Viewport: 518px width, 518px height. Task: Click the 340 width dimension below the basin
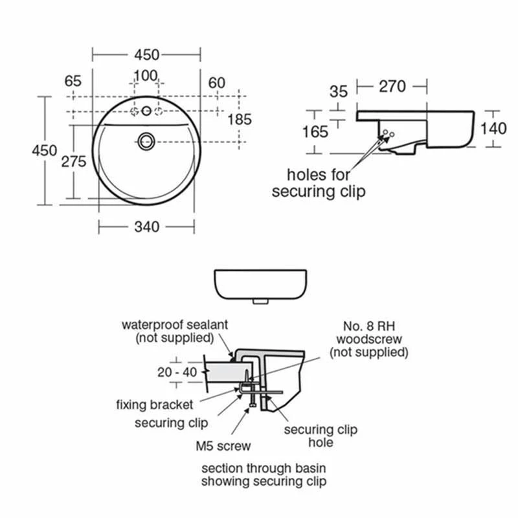[147, 227]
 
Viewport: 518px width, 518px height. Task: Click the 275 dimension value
[74, 162]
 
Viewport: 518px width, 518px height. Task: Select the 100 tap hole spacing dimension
[145, 76]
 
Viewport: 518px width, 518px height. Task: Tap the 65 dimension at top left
[73, 82]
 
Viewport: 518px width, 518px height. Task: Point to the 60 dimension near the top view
[217, 82]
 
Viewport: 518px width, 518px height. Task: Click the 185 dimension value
[239, 119]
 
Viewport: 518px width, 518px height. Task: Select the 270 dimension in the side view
[392, 86]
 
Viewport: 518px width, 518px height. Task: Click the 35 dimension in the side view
[338, 91]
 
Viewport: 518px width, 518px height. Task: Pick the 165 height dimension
[315, 131]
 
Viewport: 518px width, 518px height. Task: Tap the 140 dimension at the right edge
[493, 128]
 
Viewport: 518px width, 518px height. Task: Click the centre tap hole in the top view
[146, 111]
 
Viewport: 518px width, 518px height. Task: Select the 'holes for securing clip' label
[319, 183]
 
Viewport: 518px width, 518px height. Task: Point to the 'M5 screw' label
[223, 445]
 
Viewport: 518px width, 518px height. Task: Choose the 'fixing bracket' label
[154, 405]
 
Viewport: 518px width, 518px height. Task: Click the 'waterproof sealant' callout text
[175, 331]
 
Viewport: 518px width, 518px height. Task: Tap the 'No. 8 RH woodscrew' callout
[369, 339]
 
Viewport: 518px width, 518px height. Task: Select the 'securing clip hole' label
[321, 436]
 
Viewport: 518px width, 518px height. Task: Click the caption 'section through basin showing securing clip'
[264, 475]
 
